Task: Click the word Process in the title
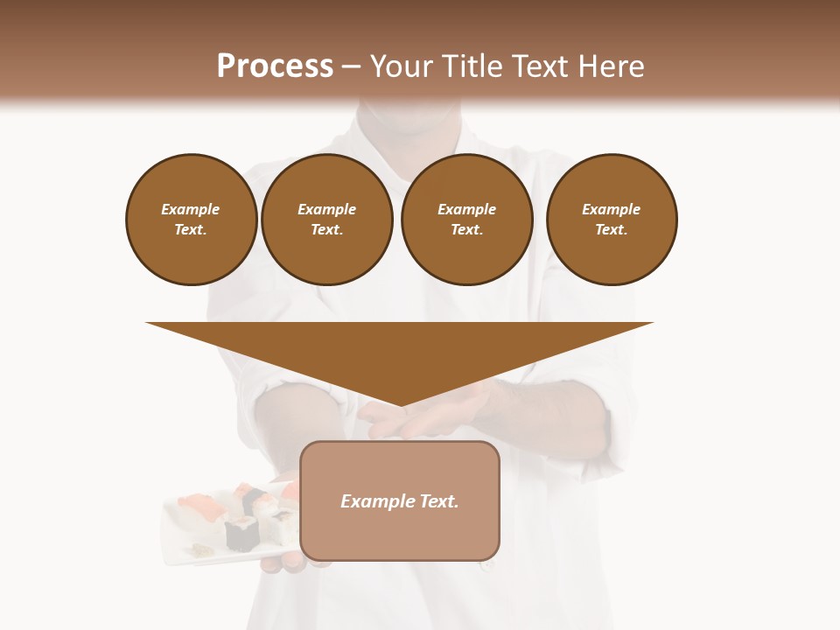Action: pos(275,66)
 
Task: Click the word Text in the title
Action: pos(541,66)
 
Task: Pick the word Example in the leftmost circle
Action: pos(191,209)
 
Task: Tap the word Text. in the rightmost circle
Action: pos(611,229)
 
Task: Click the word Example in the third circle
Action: pos(466,209)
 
